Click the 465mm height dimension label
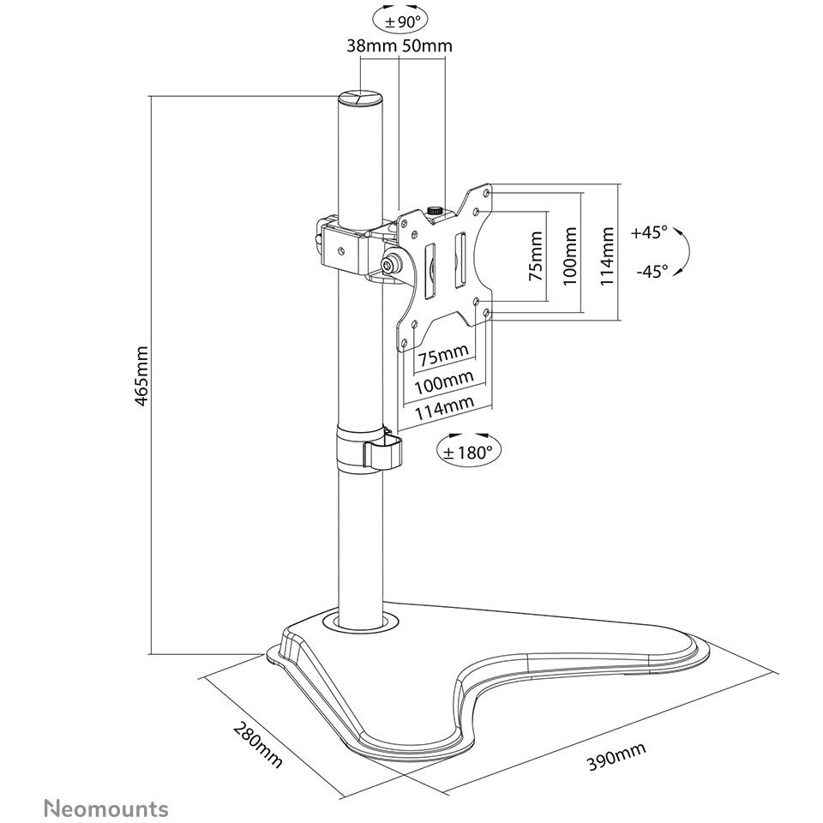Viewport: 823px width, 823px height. [141, 375]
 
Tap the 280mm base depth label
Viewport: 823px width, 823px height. [258, 744]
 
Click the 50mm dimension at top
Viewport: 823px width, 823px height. [427, 45]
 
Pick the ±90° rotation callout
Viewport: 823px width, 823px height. [400, 20]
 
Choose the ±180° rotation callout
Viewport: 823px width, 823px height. [469, 450]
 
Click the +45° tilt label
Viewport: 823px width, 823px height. [649, 232]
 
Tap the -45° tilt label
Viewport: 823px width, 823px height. [652, 271]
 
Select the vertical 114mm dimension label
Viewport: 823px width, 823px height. [607, 256]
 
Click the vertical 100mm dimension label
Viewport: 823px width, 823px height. [570, 256]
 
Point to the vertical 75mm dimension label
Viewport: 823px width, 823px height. [535, 256]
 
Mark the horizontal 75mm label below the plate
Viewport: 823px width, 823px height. [443, 356]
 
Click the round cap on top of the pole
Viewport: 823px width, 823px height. [359, 98]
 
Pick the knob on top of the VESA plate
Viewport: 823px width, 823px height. [435, 211]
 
